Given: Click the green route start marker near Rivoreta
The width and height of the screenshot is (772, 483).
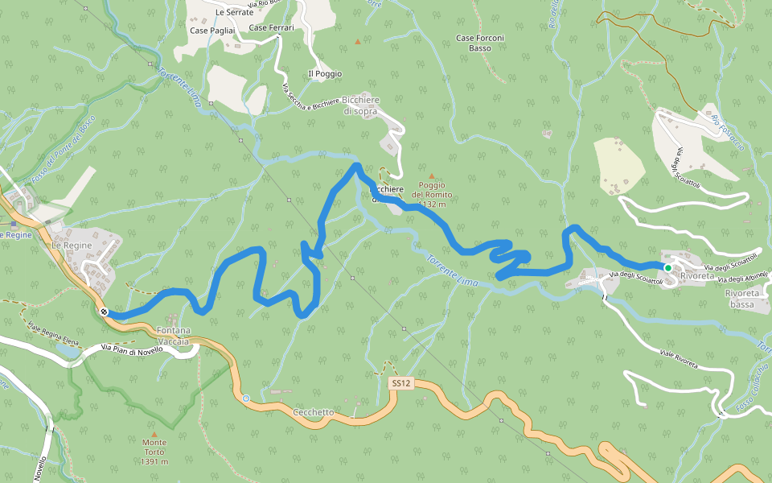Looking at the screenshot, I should tap(667, 268).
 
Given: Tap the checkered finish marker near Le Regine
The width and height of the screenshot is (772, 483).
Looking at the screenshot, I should tap(105, 312).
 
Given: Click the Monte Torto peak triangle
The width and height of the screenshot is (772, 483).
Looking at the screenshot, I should tap(154, 434).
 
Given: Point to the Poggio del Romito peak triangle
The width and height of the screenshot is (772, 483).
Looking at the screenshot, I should tap(431, 176).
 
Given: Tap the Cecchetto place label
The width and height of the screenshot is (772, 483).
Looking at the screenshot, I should tap(314, 412).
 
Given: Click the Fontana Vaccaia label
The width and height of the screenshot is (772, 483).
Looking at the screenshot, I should tap(173, 336).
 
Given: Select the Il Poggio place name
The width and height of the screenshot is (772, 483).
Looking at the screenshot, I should tap(325, 74).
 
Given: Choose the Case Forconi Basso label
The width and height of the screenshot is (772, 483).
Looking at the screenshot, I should tap(480, 43).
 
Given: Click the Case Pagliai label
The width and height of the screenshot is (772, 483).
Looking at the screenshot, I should tap(212, 31).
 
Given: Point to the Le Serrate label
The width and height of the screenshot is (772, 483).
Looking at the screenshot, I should tap(234, 13).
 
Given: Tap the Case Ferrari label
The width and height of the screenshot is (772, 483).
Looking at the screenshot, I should tap(271, 27).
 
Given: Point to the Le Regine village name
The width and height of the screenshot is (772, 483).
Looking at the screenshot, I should tap(72, 245).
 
